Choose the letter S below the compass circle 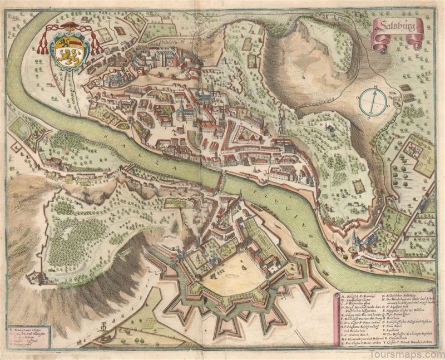coord(369,118)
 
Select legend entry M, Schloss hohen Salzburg coord(399,295)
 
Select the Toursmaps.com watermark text coord(412,352)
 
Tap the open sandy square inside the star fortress coord(234,278)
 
